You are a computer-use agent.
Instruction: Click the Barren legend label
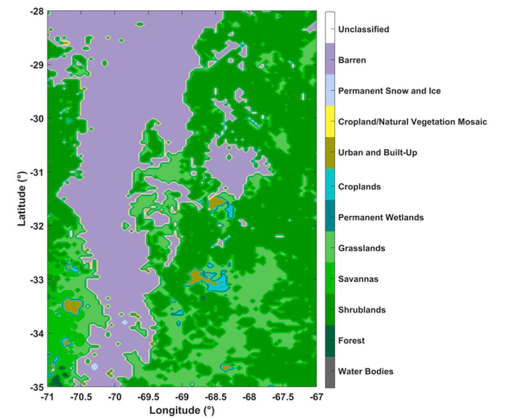click(x=352, y=60)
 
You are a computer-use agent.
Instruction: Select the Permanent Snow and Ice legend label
click(x=389, y=91)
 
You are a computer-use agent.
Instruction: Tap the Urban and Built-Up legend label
click(x=378, y=153)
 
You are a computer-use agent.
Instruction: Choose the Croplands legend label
click(x=359, y=187)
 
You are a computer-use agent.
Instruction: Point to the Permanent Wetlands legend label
click(x=381, y=217)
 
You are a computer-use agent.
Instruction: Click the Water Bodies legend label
click(x=366, y=371)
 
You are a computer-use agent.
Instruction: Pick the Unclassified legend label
click(x=364, y=29)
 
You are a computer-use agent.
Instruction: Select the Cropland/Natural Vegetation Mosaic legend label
click(x=412, y=121)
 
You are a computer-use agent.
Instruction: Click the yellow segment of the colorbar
click(x=330, y=121)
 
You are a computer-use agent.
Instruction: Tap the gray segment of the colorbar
click(x=330, y=372)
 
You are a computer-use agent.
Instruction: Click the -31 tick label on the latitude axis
click(x=36, y=172)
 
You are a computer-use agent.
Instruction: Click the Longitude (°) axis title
click(x=182, y=409)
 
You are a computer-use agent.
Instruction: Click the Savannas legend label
click(x=357, y=279)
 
